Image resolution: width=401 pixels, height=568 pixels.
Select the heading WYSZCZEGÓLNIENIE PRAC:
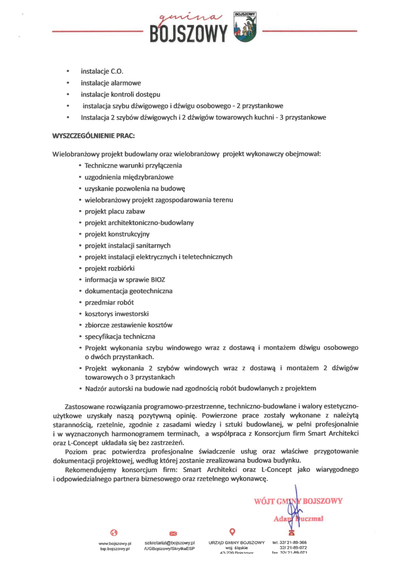[x=93, y=136]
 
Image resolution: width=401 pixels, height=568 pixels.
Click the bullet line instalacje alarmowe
[x=111, y=83]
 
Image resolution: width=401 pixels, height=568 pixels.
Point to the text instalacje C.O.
[x=102, y=71]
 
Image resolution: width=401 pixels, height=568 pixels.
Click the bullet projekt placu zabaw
[x=115, y=211]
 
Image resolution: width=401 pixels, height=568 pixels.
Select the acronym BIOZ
[x=158, y=280]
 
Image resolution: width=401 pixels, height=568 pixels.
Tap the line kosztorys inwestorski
[x=117, y=314]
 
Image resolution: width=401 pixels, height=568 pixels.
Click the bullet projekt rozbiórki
[x=110, y=268]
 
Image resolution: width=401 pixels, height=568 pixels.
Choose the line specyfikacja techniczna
[x=120, y=336]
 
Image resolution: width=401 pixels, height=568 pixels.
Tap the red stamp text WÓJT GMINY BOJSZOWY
[x=298, y=501]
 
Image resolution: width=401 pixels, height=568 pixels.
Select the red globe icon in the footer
[x=114, y=532]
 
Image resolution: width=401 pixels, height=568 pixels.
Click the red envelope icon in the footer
[x=173, y=533]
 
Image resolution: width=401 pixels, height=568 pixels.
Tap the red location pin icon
[x=233, y=532]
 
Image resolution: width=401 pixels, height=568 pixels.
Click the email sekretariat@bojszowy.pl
[x=170, y=542]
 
